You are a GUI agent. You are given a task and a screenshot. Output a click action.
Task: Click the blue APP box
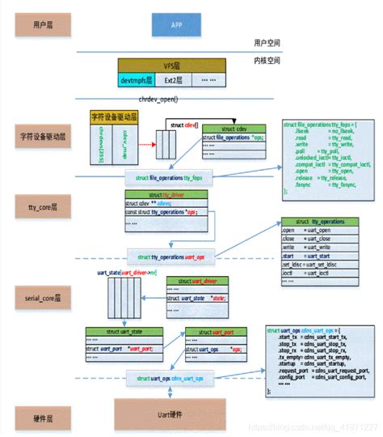click(176, 24)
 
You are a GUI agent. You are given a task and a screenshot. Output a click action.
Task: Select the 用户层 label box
click(35, 24)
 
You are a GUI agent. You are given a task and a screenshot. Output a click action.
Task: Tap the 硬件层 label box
click(35, 418)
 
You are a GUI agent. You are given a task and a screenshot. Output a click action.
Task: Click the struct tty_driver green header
click(166, 195)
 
